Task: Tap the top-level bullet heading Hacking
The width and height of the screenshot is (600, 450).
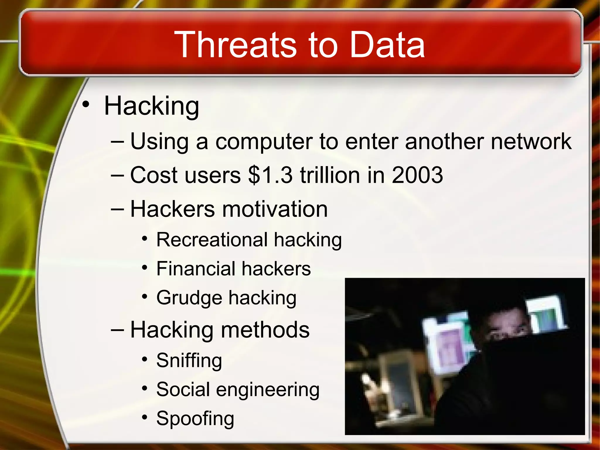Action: [151, 106]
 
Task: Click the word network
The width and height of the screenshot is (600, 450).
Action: [531, 142]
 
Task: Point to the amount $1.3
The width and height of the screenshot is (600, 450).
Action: [270, 175]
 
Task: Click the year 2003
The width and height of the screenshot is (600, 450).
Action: [417, 175]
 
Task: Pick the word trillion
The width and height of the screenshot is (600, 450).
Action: [329, 175]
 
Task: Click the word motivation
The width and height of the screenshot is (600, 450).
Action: [275, 209]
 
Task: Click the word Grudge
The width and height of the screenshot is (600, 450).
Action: [189, 298]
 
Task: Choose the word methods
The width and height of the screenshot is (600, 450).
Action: [265, 330]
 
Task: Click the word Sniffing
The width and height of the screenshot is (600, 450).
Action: [189, 360]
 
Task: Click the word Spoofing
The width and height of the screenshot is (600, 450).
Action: [195, 418]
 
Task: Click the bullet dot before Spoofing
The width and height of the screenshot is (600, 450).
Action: [144, 417]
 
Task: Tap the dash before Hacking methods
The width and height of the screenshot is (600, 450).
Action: [118, 330]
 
